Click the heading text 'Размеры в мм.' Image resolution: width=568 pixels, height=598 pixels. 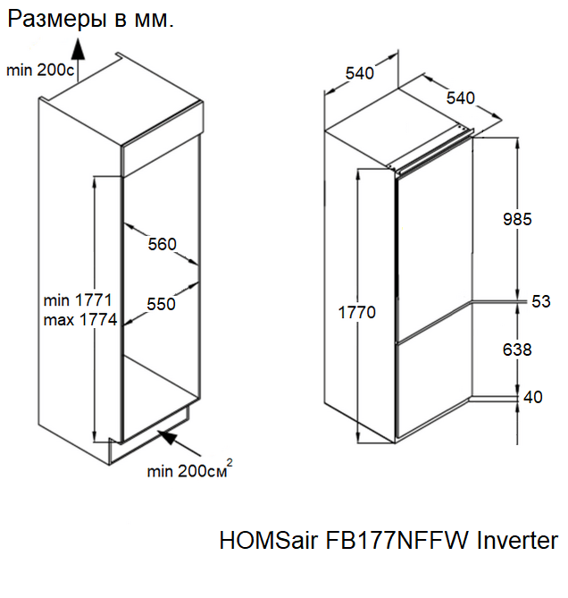pyautogui.click(x=90, y=20)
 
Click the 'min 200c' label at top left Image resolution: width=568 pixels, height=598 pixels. pyautogui.click(x=40, y=70)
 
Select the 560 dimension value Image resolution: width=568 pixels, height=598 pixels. pyautogui.click(x=163, y=244)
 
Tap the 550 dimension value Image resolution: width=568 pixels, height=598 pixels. pyautogui.click(x=161, y=304)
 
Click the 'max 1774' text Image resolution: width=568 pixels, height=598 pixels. pyautogui.click(x=79, y=321)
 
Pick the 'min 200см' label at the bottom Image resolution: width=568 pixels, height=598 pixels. pyautogui.click(x=186, y=471)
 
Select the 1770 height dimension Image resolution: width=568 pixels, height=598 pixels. pyautogui.click(x=356, y=313)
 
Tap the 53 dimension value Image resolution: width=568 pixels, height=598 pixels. pyautogui.click(x=541, y=301)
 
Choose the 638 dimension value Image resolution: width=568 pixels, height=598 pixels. pyautogui.click(x=516, y=350)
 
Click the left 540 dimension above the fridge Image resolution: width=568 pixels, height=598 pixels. pyautogui.click(x=359, y=74)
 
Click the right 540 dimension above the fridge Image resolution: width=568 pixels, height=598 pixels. pyautogui.click(x=461, y=97)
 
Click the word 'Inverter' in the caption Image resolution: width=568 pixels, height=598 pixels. pyautogui.click(x=517, y=542)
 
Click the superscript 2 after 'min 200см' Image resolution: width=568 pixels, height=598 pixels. pyautogui.click(x=230, y=461)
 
